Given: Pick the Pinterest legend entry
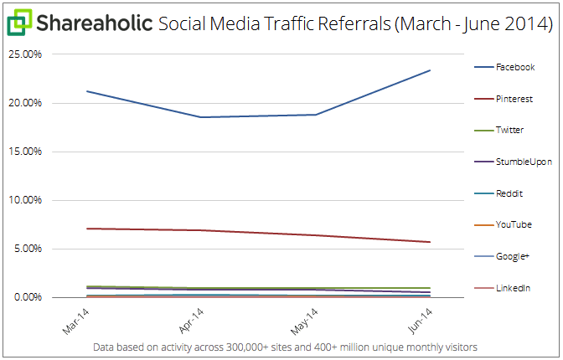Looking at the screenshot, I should [514, 99].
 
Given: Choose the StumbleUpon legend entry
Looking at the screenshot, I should [523, 162].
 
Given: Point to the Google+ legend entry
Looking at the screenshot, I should [512, 256].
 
